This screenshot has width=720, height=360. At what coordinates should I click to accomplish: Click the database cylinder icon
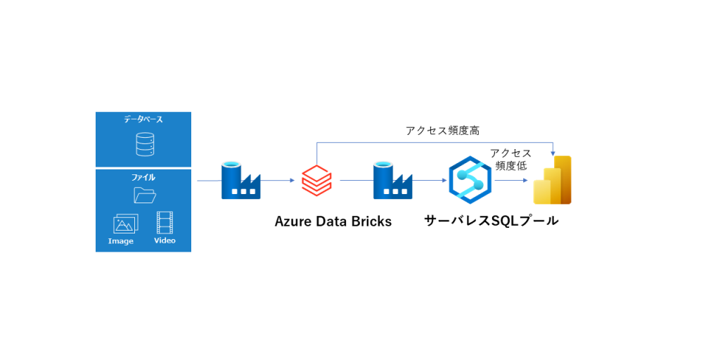pos(143,144)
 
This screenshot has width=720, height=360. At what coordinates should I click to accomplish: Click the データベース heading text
pos(143,120)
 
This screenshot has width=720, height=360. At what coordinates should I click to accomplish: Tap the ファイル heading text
pos(143,178)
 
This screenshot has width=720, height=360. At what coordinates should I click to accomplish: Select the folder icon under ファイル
pos(145,195)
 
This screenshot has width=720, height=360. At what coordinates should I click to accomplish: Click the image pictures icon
pos(125,224)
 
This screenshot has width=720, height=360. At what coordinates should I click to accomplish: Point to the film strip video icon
pos(165,223)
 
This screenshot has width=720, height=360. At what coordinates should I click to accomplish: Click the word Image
pos(121,241)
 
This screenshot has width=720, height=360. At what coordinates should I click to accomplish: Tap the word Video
pos(165,240)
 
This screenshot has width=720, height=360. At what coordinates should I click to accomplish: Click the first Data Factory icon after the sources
pos(240,180)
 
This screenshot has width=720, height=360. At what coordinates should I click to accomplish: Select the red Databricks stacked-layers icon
pos(316,180)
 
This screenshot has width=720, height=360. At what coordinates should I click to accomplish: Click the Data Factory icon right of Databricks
pos(392,180)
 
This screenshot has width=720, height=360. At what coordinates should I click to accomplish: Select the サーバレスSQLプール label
pos(491,221)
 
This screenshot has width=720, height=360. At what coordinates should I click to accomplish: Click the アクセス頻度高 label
pos(443,130)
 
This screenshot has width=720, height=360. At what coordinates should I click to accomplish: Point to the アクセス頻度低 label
pos(511,160)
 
